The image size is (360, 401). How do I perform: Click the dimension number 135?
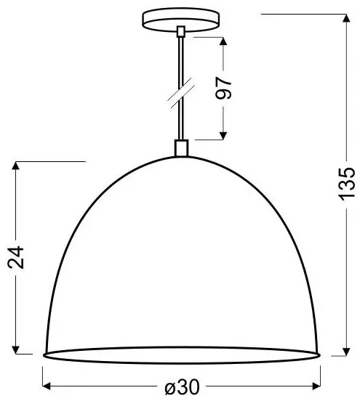click(x=347, y=183)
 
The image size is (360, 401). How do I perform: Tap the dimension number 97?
click(x=223, y=88)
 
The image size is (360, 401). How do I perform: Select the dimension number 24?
click(x=16, y=258)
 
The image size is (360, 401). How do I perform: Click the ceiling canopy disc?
click(x=180, y=20)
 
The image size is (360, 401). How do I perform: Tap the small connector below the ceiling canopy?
click(x=181, y=32)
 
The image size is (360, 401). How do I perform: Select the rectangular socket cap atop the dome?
click(x=181, y=147)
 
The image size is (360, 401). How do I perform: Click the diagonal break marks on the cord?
click(x=181, y=92)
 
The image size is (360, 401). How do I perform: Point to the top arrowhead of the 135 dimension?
click(x=346, y=19)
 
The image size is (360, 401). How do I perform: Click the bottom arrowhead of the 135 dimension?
click(x=346, y=352)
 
